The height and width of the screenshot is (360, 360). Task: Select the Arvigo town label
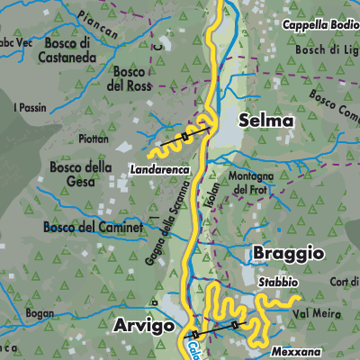coord(140,326)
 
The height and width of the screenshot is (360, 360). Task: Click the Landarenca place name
coord(159,168)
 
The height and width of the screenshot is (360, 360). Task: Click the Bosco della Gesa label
coord(80,174)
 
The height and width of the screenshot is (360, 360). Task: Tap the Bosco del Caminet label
coord(93,228)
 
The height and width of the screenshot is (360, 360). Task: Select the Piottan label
coord(94,139)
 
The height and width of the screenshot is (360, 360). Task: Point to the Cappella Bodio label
coord(315,25)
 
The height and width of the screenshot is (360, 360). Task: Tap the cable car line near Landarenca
coord(184,137)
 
